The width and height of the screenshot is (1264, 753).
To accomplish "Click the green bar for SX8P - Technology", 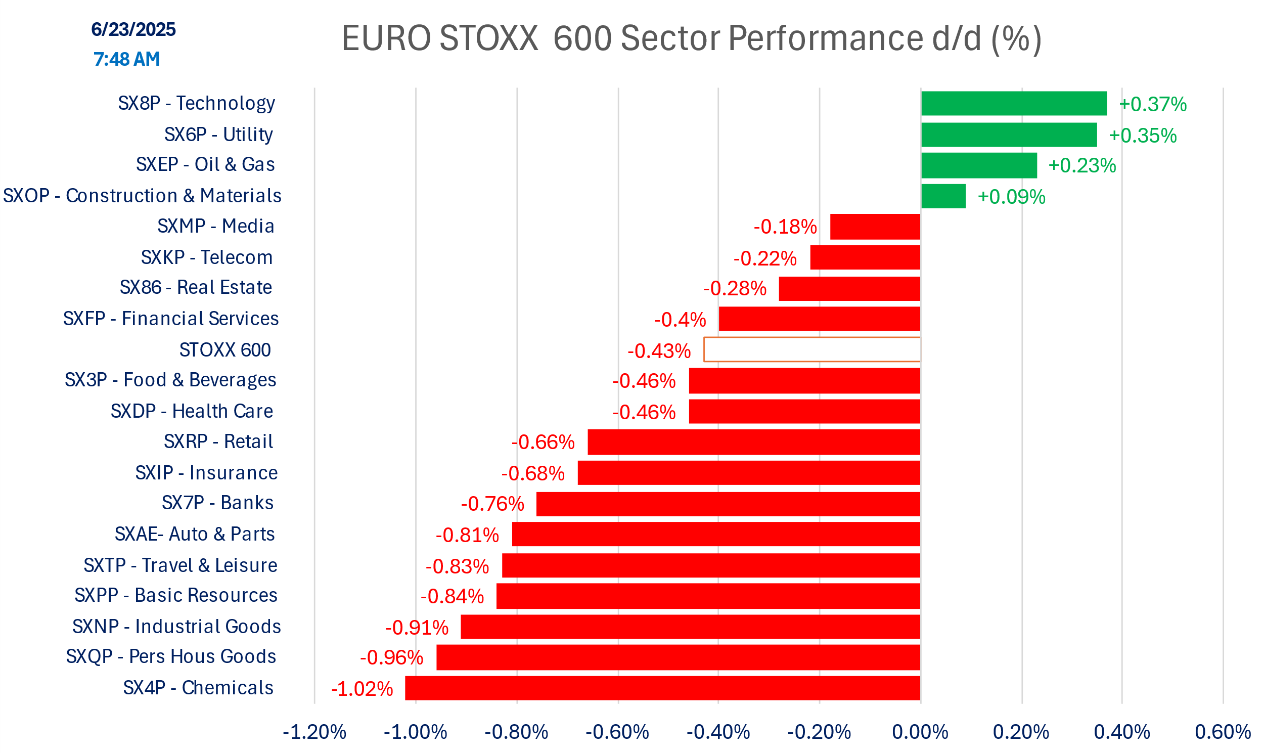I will (x=1013, y=104).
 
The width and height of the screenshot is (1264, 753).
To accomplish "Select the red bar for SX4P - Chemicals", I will (x=662, y=688).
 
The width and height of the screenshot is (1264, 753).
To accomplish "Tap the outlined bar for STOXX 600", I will (x=811, y=349).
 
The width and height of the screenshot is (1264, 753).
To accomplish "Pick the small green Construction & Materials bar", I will (x=943, y=196).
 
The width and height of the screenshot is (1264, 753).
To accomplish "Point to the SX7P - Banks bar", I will (x=728, y=504).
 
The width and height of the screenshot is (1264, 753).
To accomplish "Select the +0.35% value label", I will (x=1142, y=136).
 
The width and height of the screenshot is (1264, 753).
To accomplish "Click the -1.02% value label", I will (x=362, y=689).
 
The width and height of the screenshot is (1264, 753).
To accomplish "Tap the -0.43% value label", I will (x=659, y=350).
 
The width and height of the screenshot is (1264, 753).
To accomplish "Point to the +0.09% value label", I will (x=1011, y=197).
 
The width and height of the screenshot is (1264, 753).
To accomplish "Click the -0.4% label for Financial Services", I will (x=680, y=320).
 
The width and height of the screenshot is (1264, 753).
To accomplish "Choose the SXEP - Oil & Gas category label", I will (x=205, y=164).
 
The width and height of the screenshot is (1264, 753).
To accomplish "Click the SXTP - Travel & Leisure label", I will (x=180, y=565).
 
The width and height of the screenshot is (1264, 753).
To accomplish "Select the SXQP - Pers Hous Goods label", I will (x=171, y=656).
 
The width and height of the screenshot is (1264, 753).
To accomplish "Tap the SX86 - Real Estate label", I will (x=196, y=287).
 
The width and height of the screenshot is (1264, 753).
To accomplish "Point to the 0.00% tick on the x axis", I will (x=920, y=732).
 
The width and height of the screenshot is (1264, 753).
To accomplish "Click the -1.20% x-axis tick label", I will (x=314, y=732).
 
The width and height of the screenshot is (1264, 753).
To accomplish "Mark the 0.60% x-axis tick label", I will (x=1223, y=732).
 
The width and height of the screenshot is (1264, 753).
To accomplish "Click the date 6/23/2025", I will (x=133, y=29).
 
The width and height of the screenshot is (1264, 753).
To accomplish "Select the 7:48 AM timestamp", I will (x=126, y=59).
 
